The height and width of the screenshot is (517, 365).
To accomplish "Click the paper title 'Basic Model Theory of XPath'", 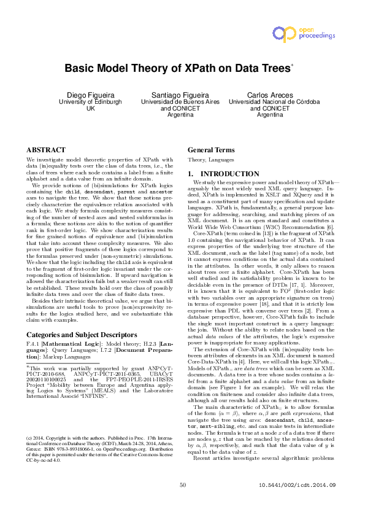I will pyautogui.click(x=176, y=69).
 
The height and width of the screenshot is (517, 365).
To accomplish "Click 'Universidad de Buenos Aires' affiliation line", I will pyautogui.click(x=180, y=101).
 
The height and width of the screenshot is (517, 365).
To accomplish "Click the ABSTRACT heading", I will pyautogui.click(x=45, y=150).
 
